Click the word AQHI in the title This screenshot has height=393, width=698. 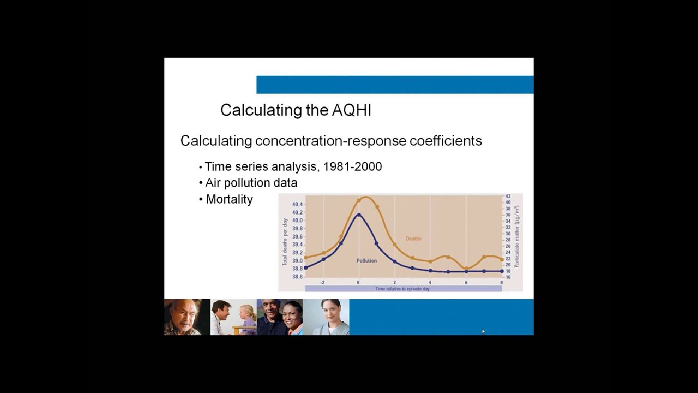pyautogui.click(x=351, y=110)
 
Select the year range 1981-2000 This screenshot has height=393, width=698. pyautogui.click(x=352, y=167)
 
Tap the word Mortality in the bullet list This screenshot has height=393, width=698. pyautogui.click(x=229, y=199)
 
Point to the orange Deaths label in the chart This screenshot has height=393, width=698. pyautogui.click(x=413, y=239)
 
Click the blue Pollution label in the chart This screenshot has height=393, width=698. pyautogui.click(x=366, y=261)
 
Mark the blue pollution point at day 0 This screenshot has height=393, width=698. pyautogui.click(x=358, y=215)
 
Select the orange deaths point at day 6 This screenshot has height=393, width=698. pyautogui.click(x=466, y=269)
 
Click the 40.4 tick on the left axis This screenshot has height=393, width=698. pyautogui.click(x=297, y=204)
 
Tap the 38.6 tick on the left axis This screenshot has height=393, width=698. pyautogui.click(x=297, y=277)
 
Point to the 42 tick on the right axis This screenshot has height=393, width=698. pyautogui.click(x=508, y=196)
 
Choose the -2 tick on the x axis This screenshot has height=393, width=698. pyautogui.click(x=322, y=282)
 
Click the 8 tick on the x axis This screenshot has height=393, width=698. pyautogui.click(x=501, y=282)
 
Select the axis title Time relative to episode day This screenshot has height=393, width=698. pyautogui.click(x=402, y=289)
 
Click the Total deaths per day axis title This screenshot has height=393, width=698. pyautogui.click(x=285, y=242)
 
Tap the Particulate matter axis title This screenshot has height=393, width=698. pyautogui.click(x=516, y=236)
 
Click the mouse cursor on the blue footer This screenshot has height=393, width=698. pyautogui.click(x=483, y=331)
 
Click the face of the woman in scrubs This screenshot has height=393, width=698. pyautogui.click(x=330, y=311)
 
